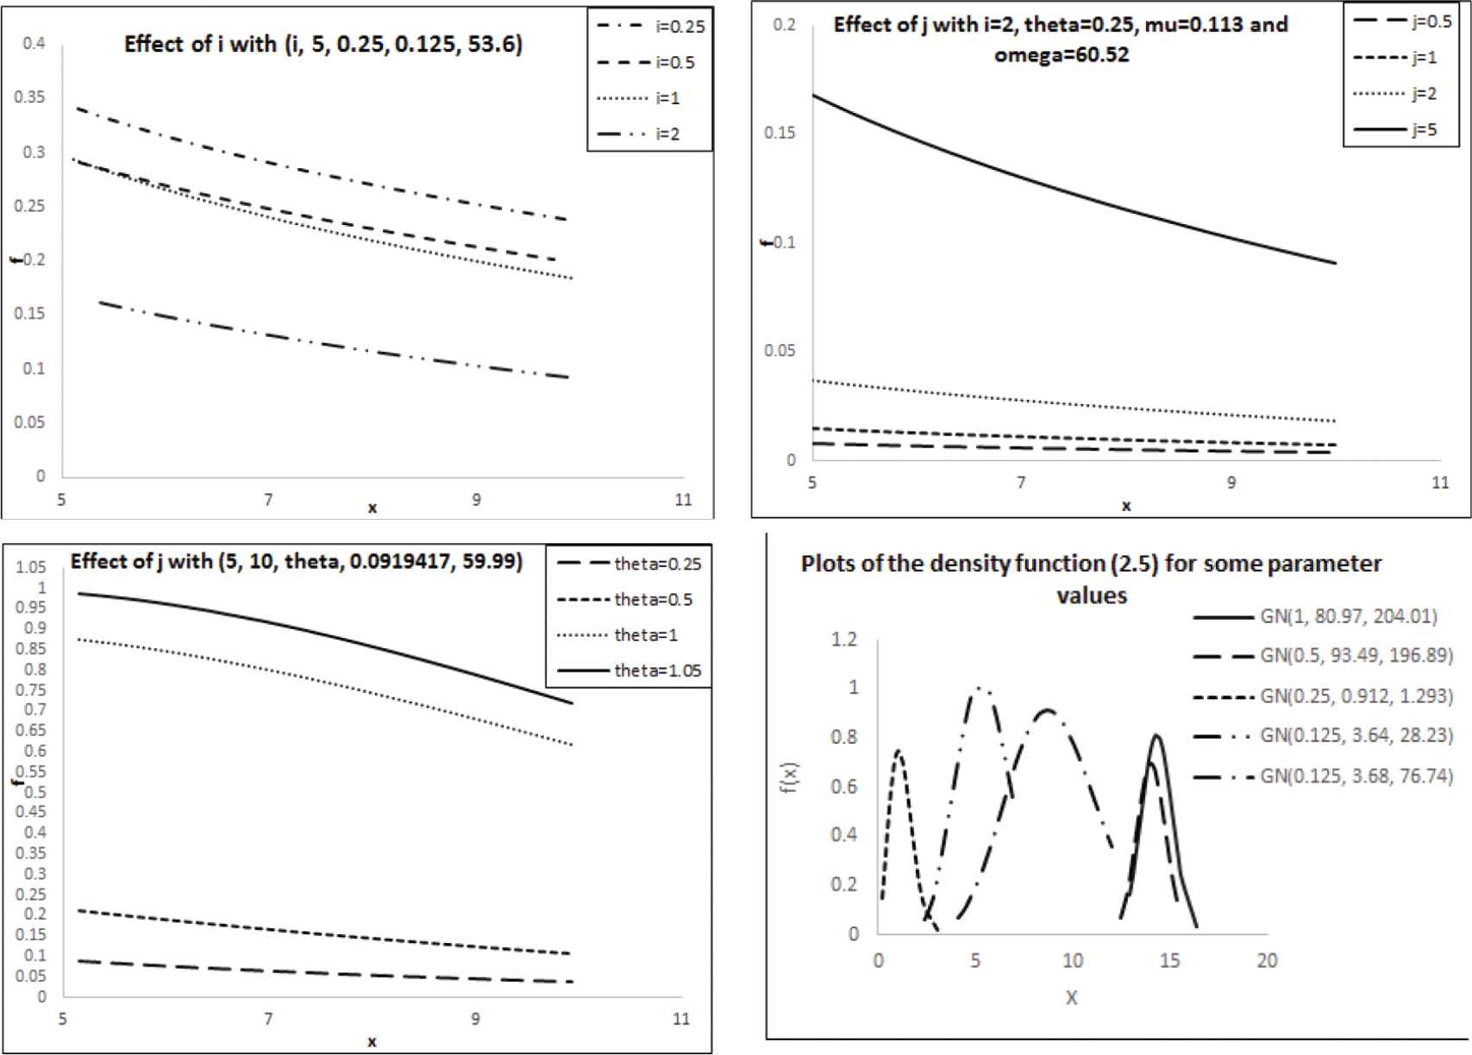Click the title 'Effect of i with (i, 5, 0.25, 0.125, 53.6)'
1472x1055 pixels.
coord(323,45)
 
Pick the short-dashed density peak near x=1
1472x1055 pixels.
coord(899,752)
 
